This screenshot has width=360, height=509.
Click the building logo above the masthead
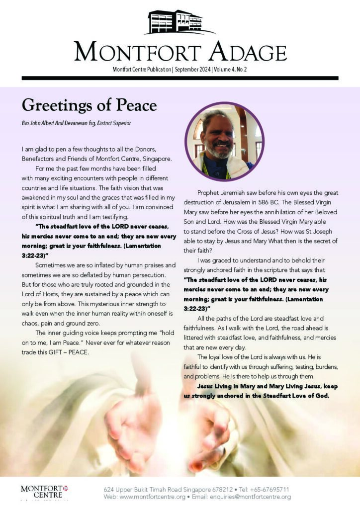click(180, 22)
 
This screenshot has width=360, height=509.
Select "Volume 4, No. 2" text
click(230, 70)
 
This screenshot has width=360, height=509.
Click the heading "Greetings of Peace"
click(89, 105)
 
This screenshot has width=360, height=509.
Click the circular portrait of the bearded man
click(224, 141)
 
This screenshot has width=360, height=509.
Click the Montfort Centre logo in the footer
click(41, 492)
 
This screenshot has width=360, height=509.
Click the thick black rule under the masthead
click(180, 78)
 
